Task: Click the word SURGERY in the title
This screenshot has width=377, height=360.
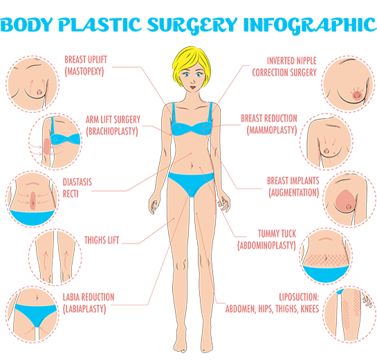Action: pyautogui.click(x=192, y=25)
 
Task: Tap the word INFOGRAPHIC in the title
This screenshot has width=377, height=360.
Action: pyautogui.click(x=310, y=25)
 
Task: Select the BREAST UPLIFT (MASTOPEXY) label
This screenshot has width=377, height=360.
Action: pyautogui.click(x=86, y=66)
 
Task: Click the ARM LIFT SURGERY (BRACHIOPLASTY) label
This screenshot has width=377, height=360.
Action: pyautogui.click(x=113, y=125)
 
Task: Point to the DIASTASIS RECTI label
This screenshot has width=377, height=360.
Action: pyautogui.click(x=77, y=188)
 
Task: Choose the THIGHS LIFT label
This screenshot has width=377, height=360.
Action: pyautogui.click(x=102, y=240)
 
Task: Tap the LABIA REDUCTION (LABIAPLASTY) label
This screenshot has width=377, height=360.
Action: pyautogui.click(x=89, y=303)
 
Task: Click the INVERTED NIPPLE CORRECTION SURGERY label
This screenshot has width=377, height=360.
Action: pyautogui.click(x=284, y=66)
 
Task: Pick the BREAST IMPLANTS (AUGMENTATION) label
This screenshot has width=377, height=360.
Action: pyautogui.click(x=293, y=187)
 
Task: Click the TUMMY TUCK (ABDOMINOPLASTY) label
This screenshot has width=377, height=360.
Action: pyautogui.click(x=267, y=240)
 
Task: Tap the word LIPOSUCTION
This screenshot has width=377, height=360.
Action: pyautogui.click(x=299, y=297)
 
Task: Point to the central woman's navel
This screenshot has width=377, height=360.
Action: pyautogui.click(x=192, y=165)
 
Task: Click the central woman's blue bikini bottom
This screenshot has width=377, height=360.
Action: pyautogui.click(x=191, y=182)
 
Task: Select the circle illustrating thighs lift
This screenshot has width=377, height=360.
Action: pyautogui.click(x=55, y=257)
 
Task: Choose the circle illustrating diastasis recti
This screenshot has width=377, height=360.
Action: pyautogui.click(x=33, y=199)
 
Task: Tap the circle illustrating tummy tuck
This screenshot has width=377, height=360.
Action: pyautogui.click(x=327, y=256)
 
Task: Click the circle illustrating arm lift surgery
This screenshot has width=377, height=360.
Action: pyautogui.click(x=55, y=141)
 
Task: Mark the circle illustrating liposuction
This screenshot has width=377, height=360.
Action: pyautogui.click(x=349, y=314)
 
